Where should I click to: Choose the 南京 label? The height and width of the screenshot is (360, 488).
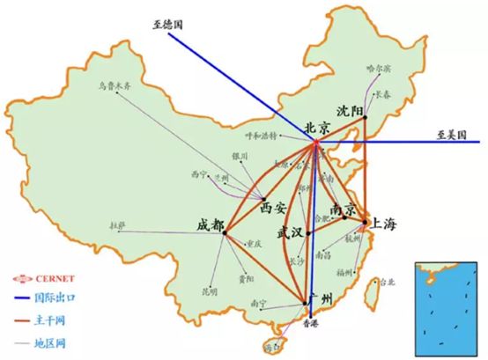coord(344,209)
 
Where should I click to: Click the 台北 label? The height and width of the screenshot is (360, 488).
coord(386,283)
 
